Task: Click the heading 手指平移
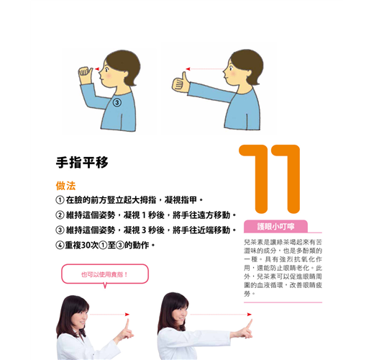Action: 82,163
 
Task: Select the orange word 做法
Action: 65,186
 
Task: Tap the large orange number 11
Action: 270,179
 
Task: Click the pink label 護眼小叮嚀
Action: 275,227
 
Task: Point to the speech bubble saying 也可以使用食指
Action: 105,274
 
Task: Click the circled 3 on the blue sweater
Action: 117,102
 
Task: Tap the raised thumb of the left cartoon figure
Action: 90,72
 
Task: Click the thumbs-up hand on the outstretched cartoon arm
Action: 181,83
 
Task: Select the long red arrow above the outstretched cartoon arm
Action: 206,69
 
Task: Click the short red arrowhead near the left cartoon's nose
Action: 97,69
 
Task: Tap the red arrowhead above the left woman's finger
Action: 127,315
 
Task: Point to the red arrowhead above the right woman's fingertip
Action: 250,315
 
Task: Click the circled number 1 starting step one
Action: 60,200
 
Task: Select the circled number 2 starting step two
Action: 60,215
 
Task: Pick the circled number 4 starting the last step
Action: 60,246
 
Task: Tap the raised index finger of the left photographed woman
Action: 127,324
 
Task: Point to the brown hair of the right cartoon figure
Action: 247,63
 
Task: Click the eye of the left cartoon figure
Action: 106,69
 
